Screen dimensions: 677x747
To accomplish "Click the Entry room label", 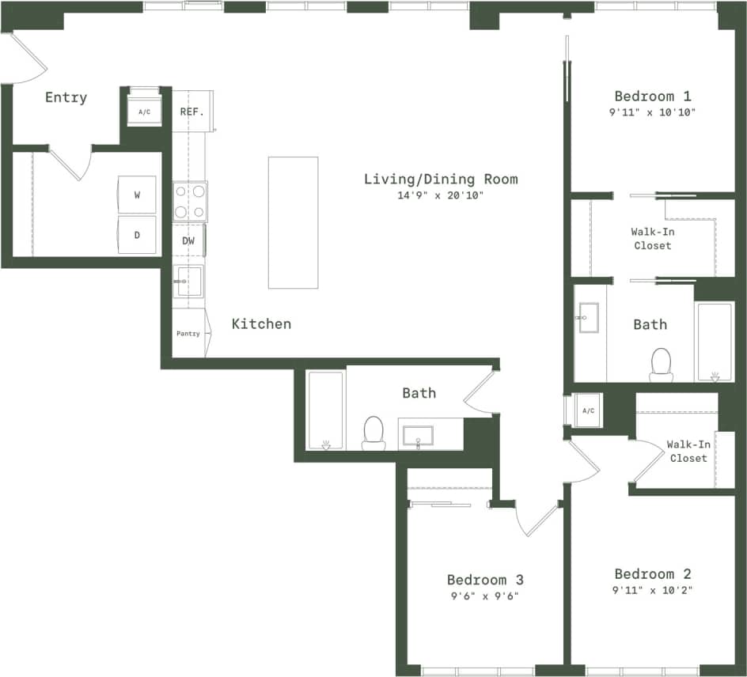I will (x=66, y=97).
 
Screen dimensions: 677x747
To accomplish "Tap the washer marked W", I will (x=137, y=195).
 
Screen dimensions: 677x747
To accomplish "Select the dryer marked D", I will (x=137, y=236).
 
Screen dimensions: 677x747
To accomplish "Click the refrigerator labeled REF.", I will (x=191, y=112).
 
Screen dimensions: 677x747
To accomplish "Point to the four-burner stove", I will (x=190, y=201).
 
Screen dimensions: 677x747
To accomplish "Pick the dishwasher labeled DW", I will (x=188, y=240).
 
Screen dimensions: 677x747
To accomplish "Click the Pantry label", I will (x=188, y=334).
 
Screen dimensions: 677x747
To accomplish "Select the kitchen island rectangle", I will (x=293, y=222).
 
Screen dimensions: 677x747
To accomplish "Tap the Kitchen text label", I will (x=261, y=323).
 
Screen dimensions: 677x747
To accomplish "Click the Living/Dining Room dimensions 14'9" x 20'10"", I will (x=441, y=195).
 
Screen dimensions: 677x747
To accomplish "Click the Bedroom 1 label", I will (x=652, y=96).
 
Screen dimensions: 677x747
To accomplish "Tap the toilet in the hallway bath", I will (x=373, y=432).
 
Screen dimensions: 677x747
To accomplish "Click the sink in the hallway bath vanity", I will (x=419, y=436).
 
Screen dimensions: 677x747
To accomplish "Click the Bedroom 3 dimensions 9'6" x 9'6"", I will (x=484, y=596).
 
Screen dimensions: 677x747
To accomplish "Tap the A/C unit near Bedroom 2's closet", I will (x=588, y=410).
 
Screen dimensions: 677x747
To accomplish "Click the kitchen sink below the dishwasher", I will (x=189, y=281).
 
